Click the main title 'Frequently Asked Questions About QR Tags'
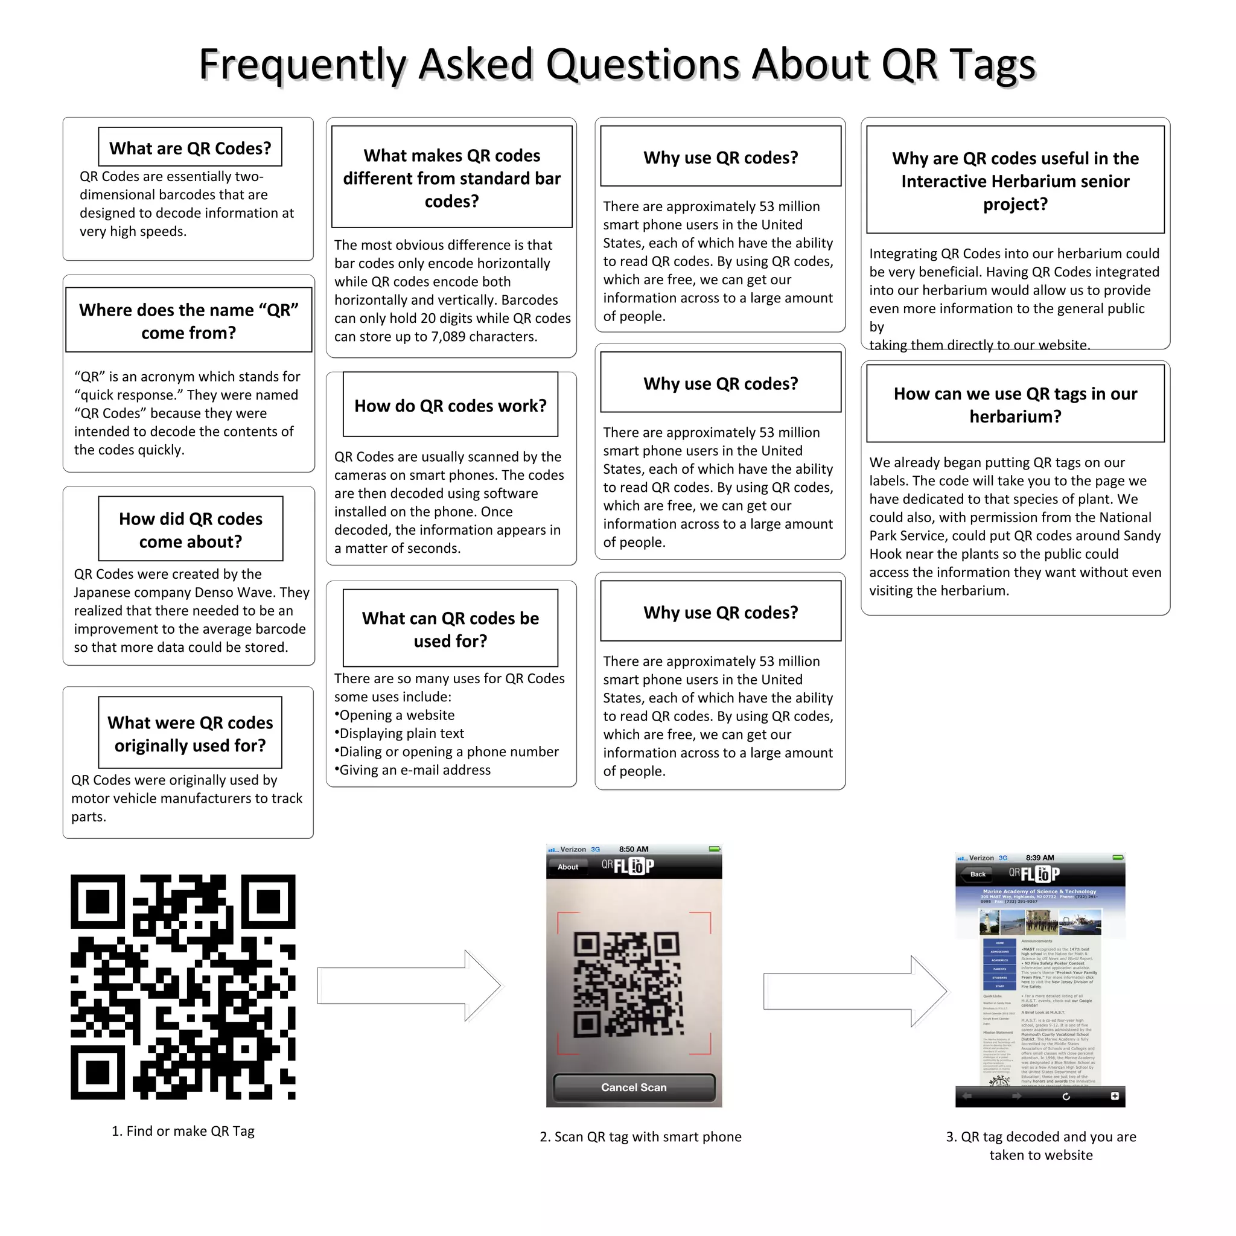click(617, 64)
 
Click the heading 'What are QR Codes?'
click(190, 148)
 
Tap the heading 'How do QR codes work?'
click(450, 406)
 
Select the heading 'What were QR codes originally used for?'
click(190, 734)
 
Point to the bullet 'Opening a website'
click(397, 715)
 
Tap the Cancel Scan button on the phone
click(633, 1087)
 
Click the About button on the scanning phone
click(567, 867)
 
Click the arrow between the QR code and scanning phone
click(409, 985)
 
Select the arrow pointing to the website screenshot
click(855, 991)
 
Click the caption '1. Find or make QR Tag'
click(183, 1131)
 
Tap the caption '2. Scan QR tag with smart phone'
click(640, 1137)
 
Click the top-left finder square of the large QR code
click(97, 902)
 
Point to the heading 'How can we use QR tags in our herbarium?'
click(1015, 405)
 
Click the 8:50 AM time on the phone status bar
click(633, 849)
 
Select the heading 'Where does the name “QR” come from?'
click(189, 321)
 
